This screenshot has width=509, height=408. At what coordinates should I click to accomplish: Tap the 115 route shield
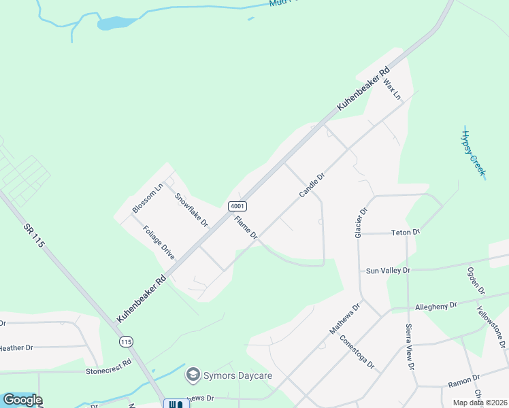[x=125, y=341]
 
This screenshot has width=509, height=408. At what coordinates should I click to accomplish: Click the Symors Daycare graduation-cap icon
[x=193, y=375]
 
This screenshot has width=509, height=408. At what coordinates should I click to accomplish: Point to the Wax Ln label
[x=393, y=89]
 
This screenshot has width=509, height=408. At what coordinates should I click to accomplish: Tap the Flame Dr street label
[x=246, y=227]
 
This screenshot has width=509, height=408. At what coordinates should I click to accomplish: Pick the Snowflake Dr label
[x=191, y=209]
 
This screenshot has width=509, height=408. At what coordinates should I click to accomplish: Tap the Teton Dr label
[x=406, y=232]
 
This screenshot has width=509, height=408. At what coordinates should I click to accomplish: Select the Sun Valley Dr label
[x=389, y=271]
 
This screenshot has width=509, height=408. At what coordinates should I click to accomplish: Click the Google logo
[x=22, y=400]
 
